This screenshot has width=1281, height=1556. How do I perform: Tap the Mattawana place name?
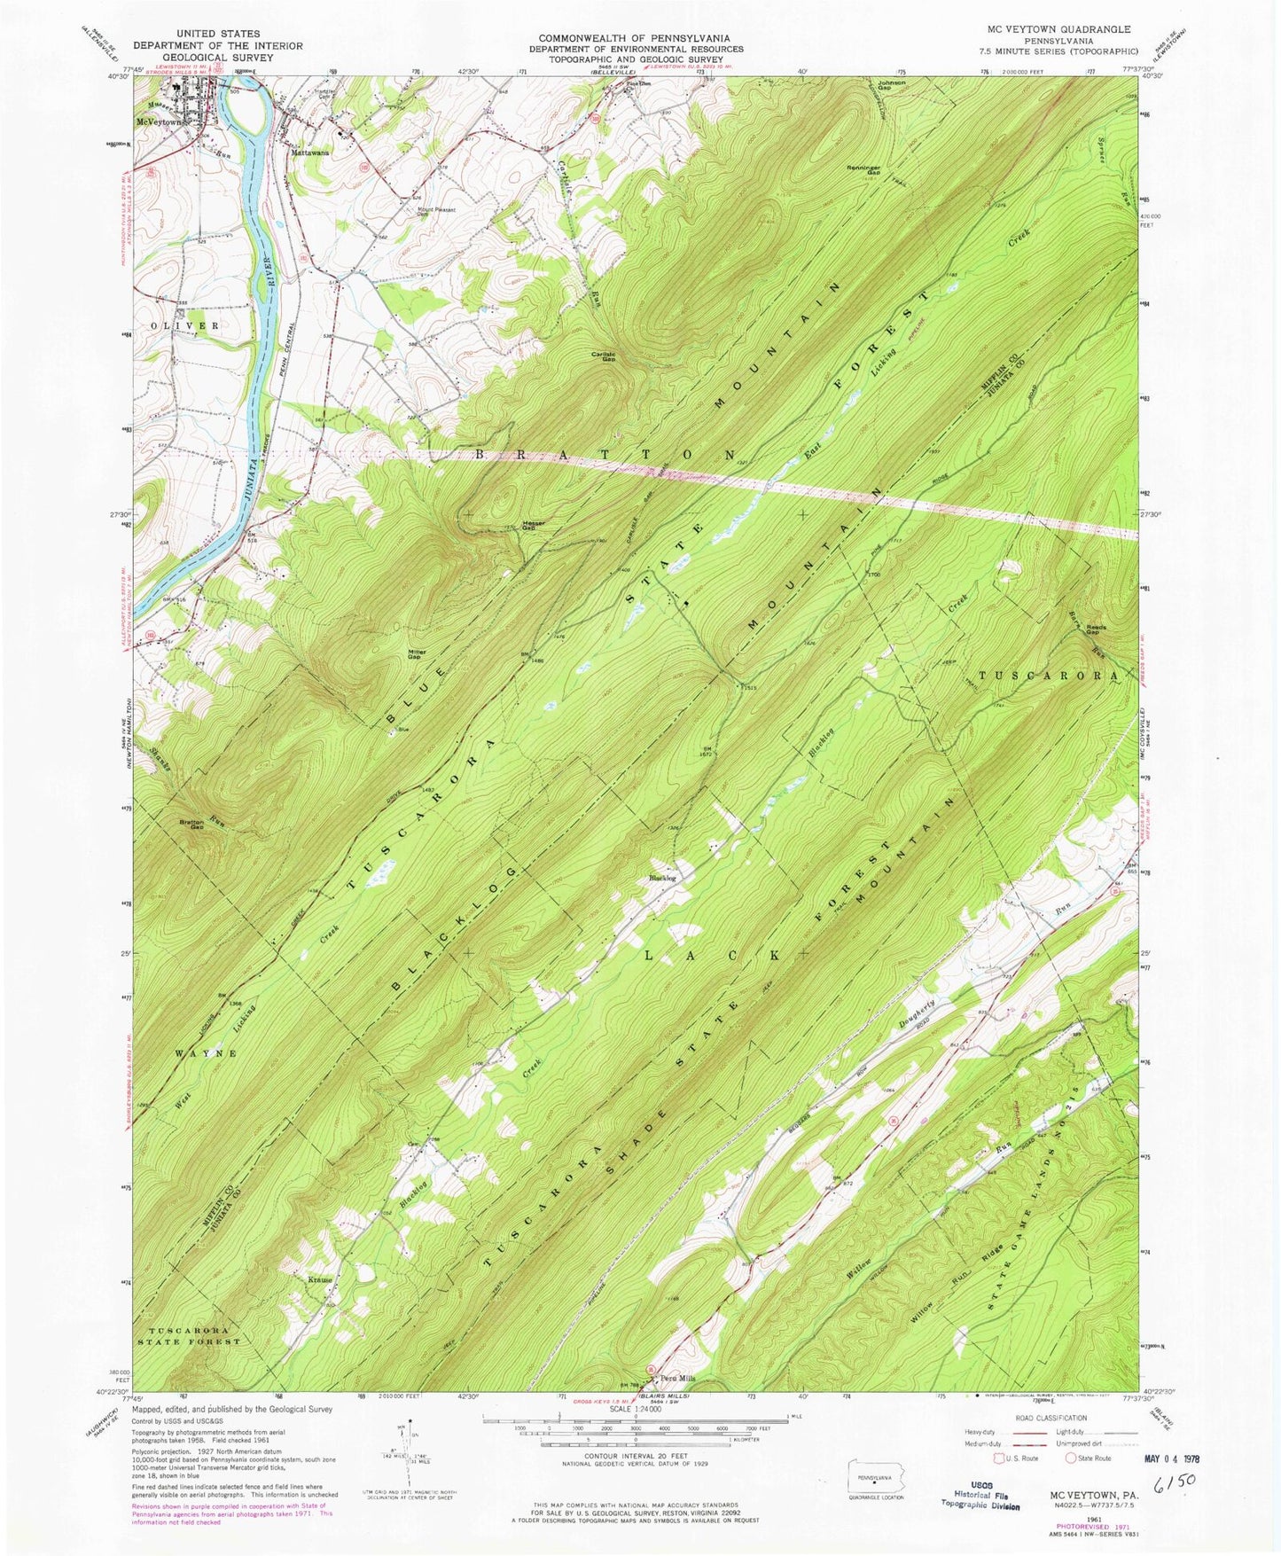[x=310, y=152]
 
